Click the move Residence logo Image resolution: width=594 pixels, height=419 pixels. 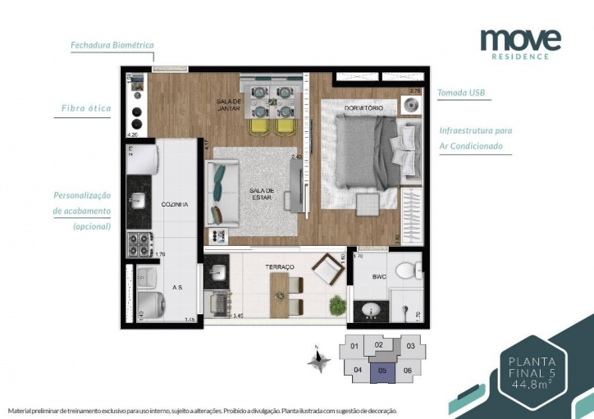[520, 43]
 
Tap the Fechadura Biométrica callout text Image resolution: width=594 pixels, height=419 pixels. [112, 45]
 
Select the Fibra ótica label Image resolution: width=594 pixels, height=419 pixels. [85, 108]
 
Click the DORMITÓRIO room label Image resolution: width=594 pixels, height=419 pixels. [363, 108]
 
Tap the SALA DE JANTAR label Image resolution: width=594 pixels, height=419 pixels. [228, 104]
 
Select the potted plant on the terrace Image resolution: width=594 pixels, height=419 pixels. [336, 305]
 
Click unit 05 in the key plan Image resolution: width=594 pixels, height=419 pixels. [382, 370]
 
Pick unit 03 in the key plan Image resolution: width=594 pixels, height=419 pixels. [410, 346]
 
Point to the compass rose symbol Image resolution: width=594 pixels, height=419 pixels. [318, 358]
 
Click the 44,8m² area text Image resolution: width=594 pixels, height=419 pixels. [532, 383]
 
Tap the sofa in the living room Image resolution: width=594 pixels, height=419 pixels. [222, 195]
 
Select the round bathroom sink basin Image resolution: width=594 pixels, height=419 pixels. [369, 311]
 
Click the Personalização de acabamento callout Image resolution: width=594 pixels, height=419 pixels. [82, 210]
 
